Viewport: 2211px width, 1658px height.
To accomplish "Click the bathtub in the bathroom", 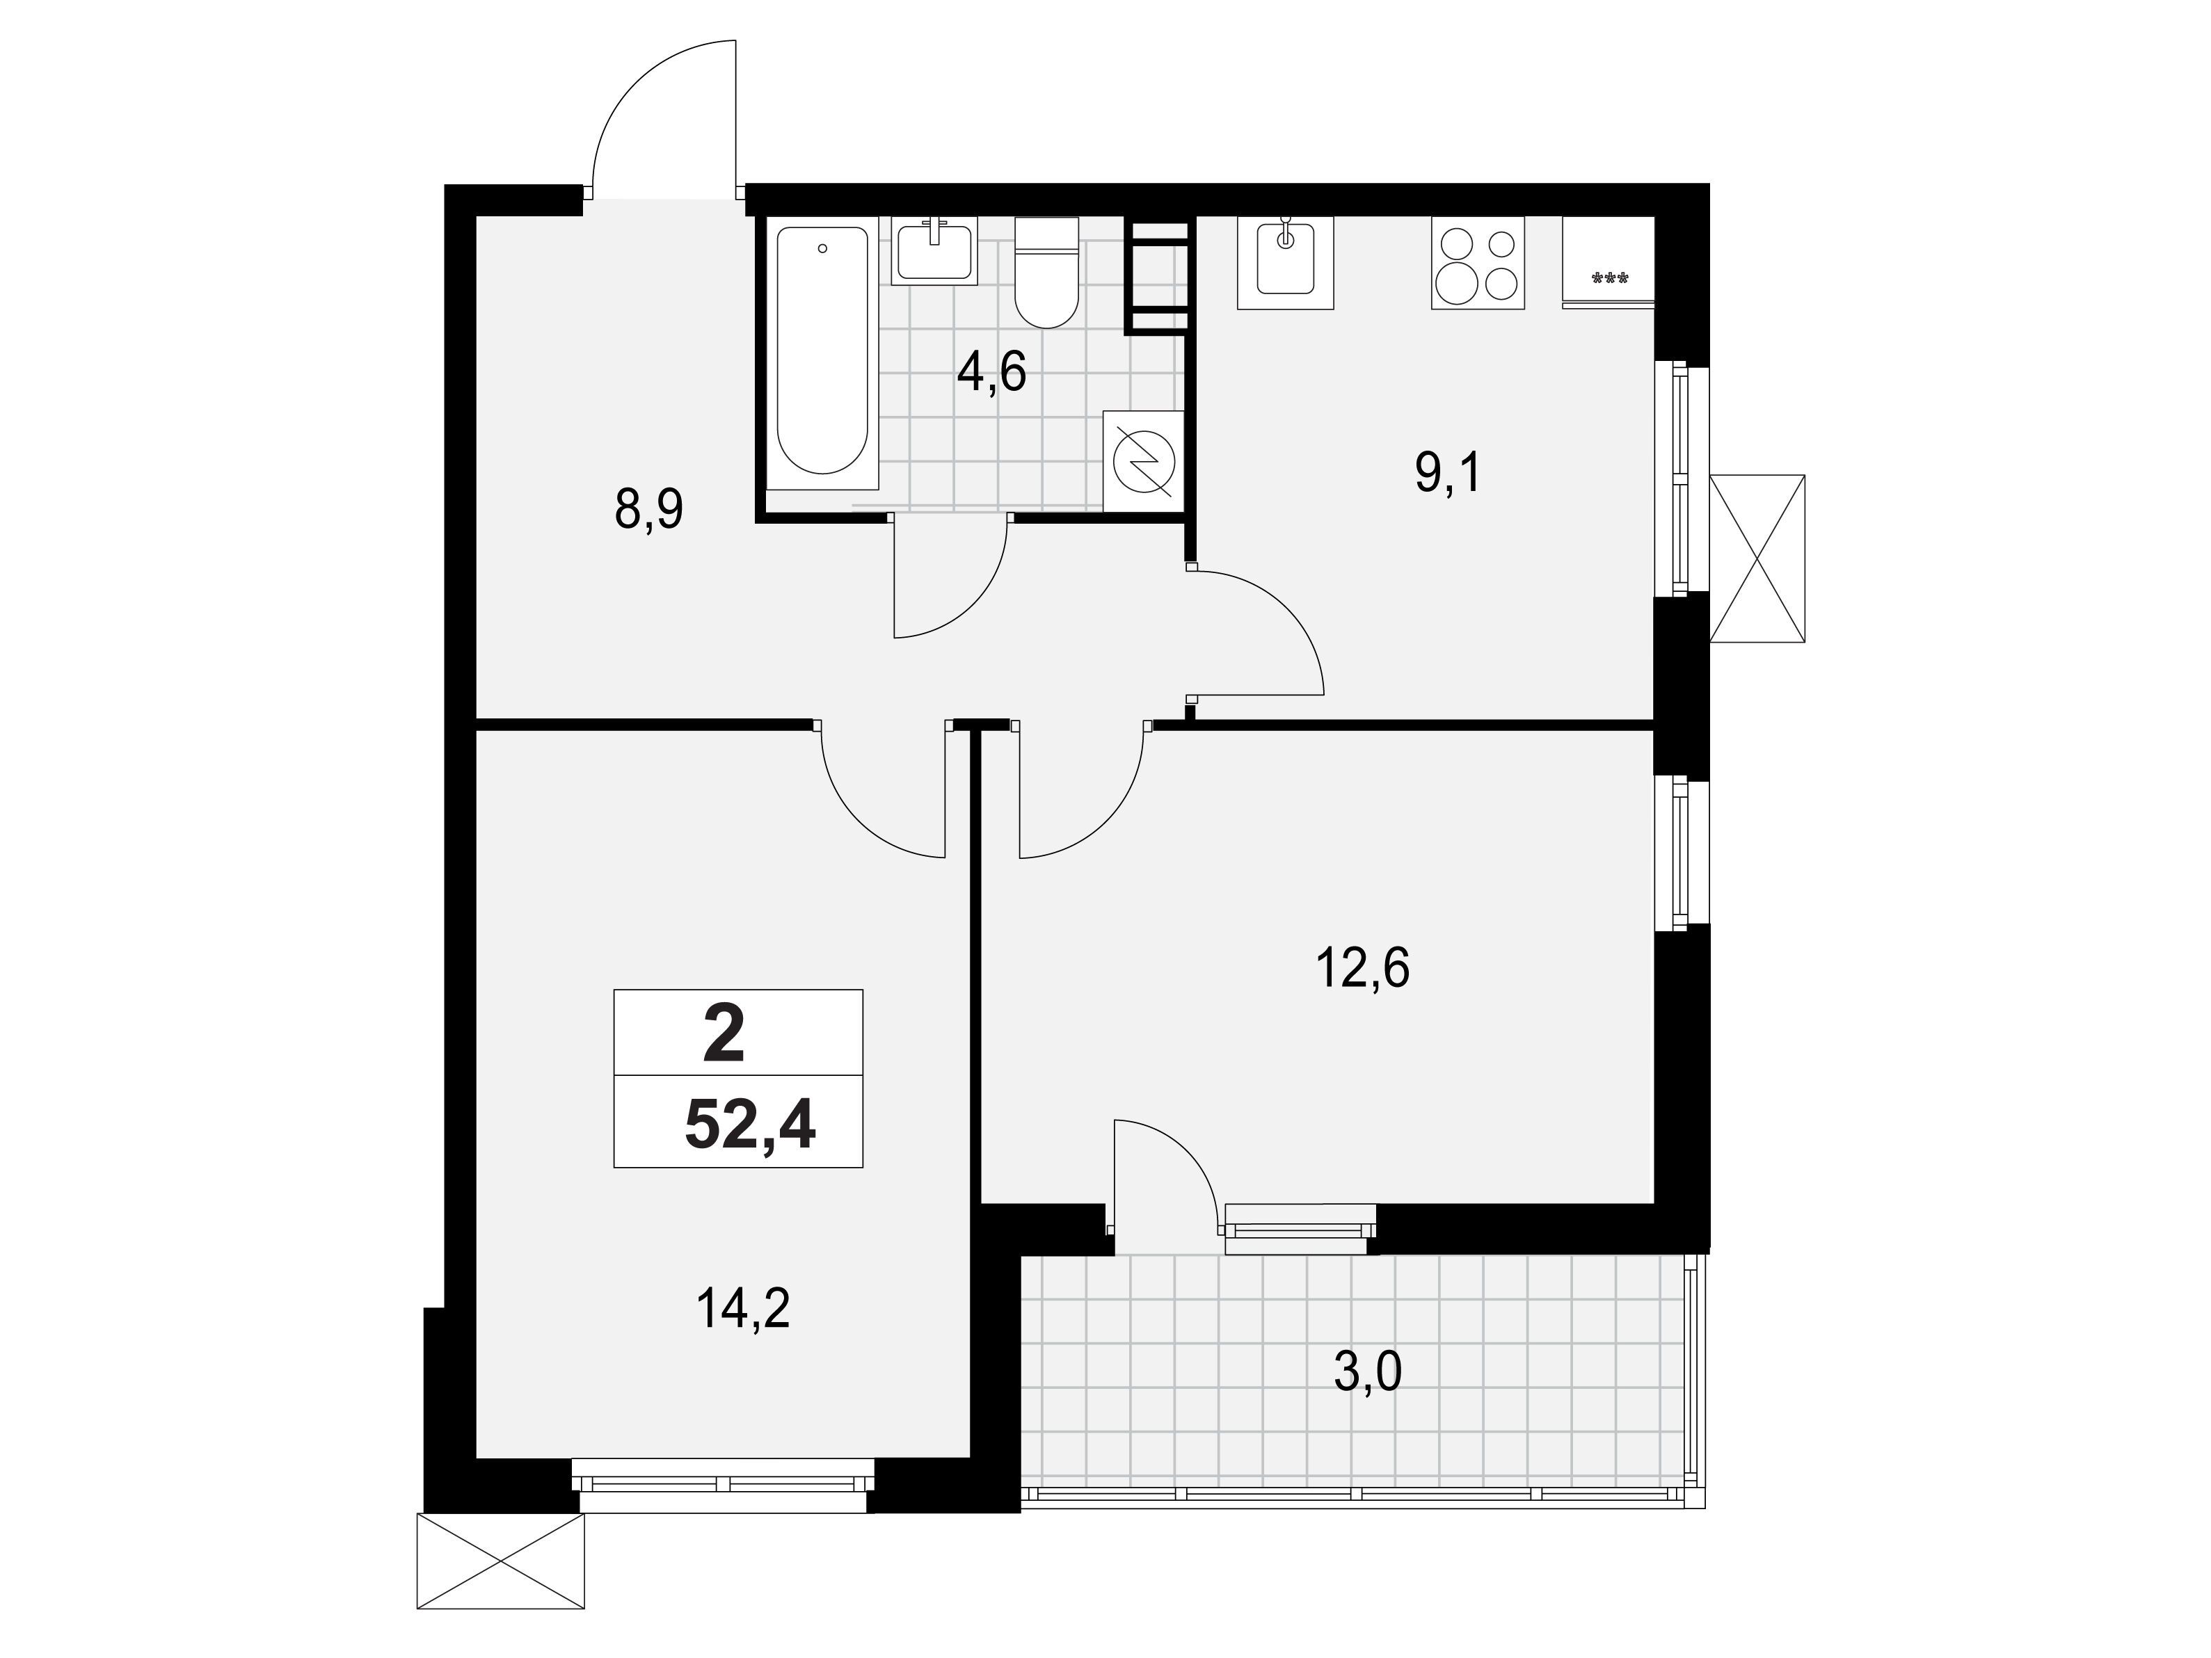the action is click(x=822, y=353).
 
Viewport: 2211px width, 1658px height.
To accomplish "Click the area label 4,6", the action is click(x=991, y=373).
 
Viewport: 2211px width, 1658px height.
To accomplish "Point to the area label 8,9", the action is click(x=650, y=510).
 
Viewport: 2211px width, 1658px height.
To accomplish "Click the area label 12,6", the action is click(x=1364, y=967).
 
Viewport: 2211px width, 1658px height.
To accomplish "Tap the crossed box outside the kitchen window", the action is click(x=1757, y=558).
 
